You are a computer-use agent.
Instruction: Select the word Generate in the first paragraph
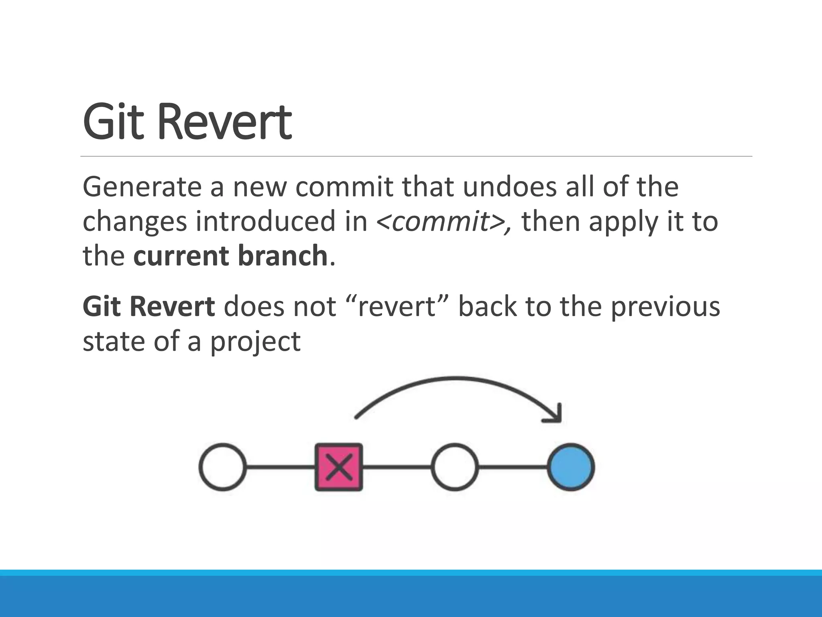click(142, 187)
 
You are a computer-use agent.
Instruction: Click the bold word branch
click(283, 256)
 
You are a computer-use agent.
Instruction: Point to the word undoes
click(510, 187)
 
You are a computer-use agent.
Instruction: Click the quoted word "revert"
click(396, 307)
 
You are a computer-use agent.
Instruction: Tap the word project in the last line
click(255, 342)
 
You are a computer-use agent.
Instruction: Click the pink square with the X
click(339, 467)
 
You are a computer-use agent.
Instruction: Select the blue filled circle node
click(571, 467)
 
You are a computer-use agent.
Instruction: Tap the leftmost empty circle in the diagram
click(223, 467)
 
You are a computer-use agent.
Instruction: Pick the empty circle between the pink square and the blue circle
click(455, 467)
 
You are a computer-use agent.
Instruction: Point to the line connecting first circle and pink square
click(280, 467)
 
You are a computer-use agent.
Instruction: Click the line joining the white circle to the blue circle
click(513, 467)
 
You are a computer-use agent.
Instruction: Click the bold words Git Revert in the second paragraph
click(149, 307)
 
